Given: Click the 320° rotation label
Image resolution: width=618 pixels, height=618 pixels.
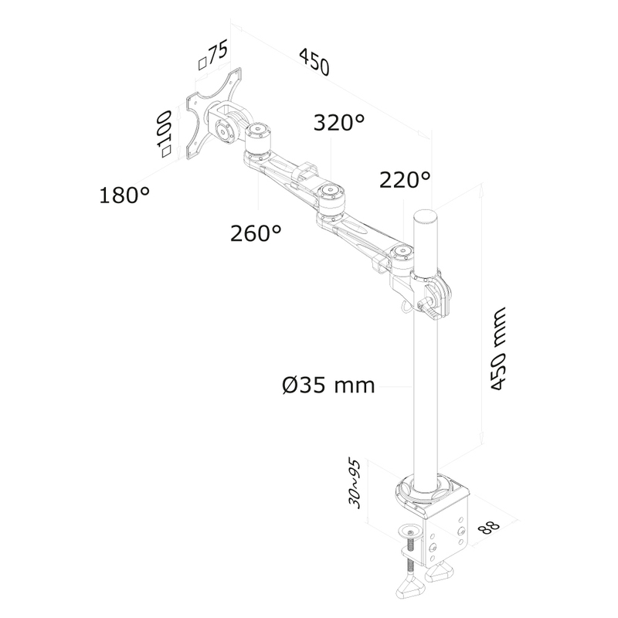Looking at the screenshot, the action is (x=339, y=123).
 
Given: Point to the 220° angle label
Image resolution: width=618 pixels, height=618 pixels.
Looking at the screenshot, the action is (x=405, y=180).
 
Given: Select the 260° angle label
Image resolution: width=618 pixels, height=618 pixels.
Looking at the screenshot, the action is (x=256, y=233).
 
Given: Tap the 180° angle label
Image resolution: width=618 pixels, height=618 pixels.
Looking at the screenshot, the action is (x=124, y=195).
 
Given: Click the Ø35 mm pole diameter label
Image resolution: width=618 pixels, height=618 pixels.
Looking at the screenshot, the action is (x=328, y=385).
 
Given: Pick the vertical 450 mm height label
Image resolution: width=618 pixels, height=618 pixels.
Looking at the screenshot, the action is (x=497, y=348).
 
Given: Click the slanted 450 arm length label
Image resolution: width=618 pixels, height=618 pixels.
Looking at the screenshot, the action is (x=314, y=62).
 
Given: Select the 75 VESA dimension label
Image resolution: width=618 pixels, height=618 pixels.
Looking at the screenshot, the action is (x=213, y=56).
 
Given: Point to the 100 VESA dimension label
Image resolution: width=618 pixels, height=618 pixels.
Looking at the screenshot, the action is (x=164, y=134).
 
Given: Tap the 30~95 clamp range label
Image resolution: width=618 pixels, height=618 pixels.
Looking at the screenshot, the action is (x=354, y=484).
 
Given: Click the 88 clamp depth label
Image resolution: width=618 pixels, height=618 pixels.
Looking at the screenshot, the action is (x=490, y=527).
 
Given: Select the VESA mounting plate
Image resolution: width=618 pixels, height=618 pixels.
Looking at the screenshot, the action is (x=213, y=114).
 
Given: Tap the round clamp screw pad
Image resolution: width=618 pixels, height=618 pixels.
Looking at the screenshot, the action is (x=411, y=531).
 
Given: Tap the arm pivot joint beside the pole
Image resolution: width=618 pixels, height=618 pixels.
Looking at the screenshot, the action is (x=402, y=257).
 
